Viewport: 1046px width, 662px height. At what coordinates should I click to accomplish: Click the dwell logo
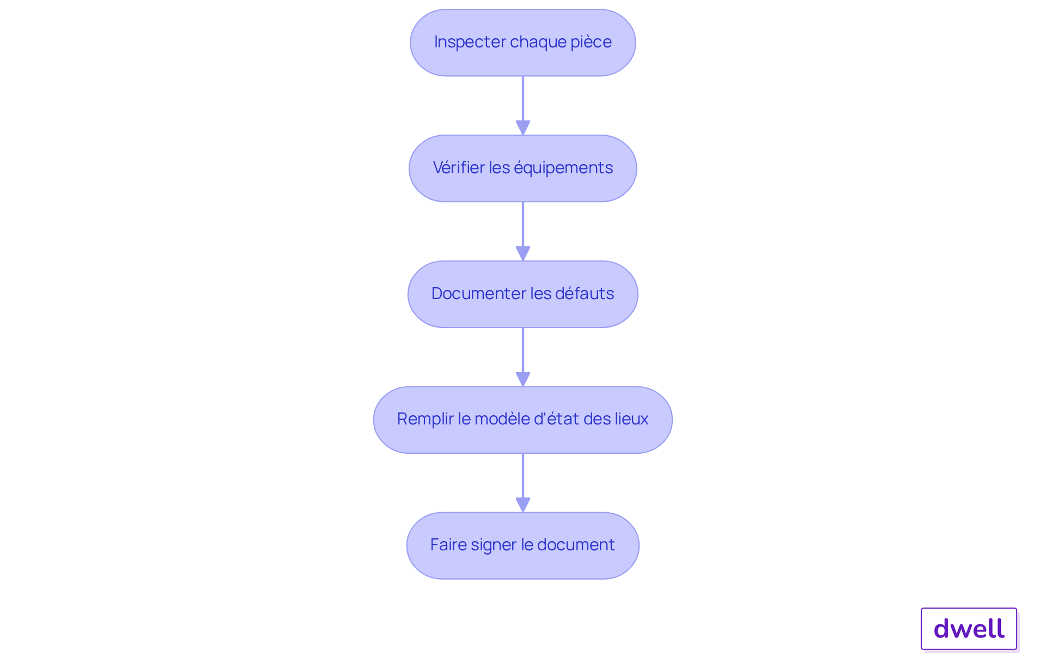(969, 629)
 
